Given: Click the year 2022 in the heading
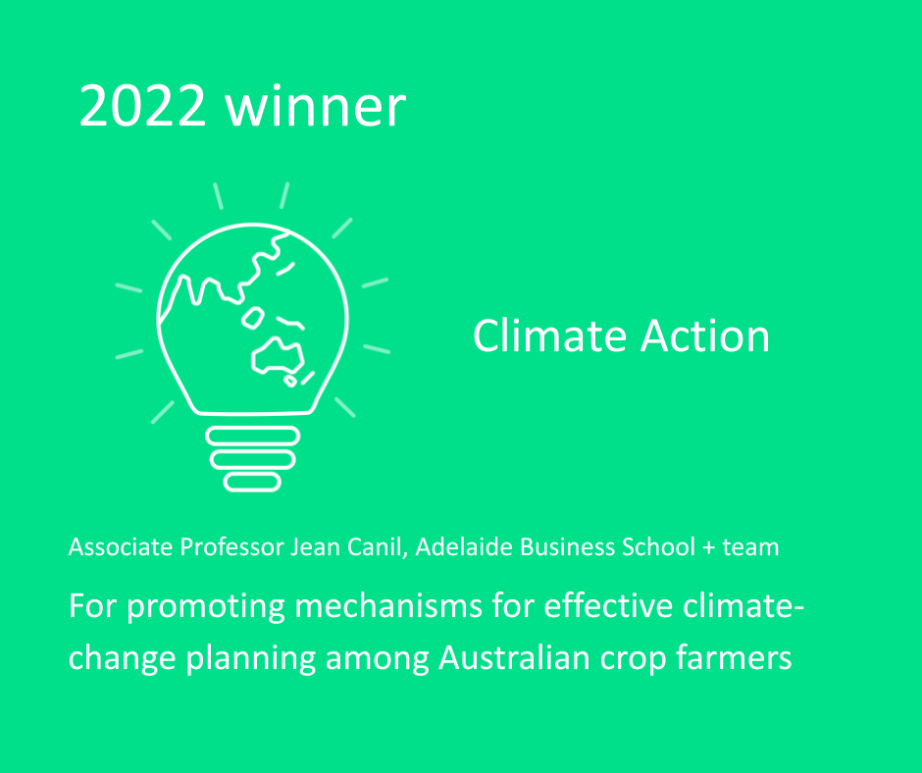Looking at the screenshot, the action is [142, 105].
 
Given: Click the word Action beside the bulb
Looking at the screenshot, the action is [705, 335].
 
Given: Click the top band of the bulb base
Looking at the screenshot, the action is [253, 436].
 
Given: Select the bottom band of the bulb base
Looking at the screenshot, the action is [252, 483].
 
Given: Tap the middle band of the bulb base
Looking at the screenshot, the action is [253, 459].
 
